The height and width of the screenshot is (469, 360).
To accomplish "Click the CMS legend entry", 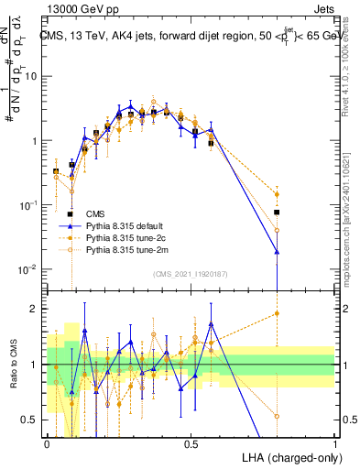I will pos(93,213).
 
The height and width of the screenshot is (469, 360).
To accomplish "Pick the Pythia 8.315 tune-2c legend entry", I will pos(121,236).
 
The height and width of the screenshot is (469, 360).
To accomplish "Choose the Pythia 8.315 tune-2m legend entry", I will pos(121,248).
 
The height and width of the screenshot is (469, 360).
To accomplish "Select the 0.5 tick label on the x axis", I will pos(191,442).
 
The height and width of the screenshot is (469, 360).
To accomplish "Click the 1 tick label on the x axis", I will pos(335,442).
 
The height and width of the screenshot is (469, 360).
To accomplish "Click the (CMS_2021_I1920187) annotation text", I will pos(190,274).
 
